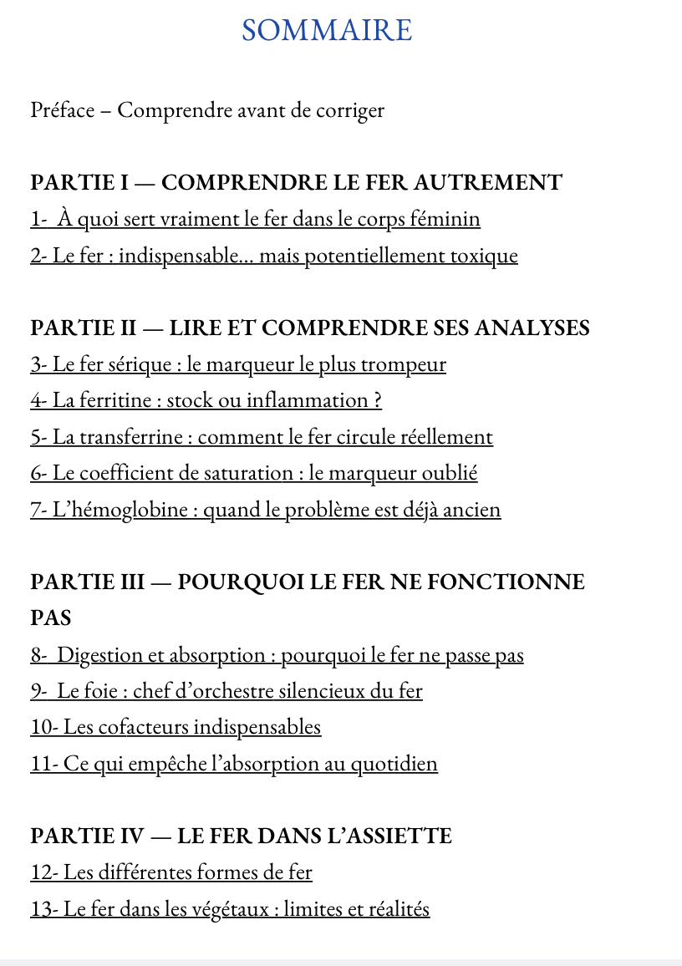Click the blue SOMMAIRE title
pyautogui.click(x=327, y=31)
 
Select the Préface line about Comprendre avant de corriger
pyautogui.click(x=207, y=110)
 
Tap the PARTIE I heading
pyautogui.click(x=296, y=182)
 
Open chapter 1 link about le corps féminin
pyautogui.click(x=255, y=220)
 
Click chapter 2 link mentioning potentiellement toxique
pyautogui.click(x=274, y=256)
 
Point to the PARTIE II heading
pyautogui.click(x=309, y=328)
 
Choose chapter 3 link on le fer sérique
pyautogui.click(x=238, y=364)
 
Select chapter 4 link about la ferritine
pyautogui.click(x=206, y=400)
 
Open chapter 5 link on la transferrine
pyautogui.click(x=262, y=437)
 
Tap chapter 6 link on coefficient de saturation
pyautogui.click(x=254, y=473)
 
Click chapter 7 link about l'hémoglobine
pyautogui.click(x=266, y=510)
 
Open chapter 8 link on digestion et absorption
pyautogui.click(x=277, y=655)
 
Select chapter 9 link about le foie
pyautogui.click(x=226, y=691)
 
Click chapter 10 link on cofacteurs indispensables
pyautogui.click(x=176, y=727)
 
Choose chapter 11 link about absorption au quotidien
pyautogui.click(x=234, y=764)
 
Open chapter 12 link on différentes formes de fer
pyautogui.click(x=171, y=873)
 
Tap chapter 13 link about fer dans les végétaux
pyautogui.click(x=230, y=909)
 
